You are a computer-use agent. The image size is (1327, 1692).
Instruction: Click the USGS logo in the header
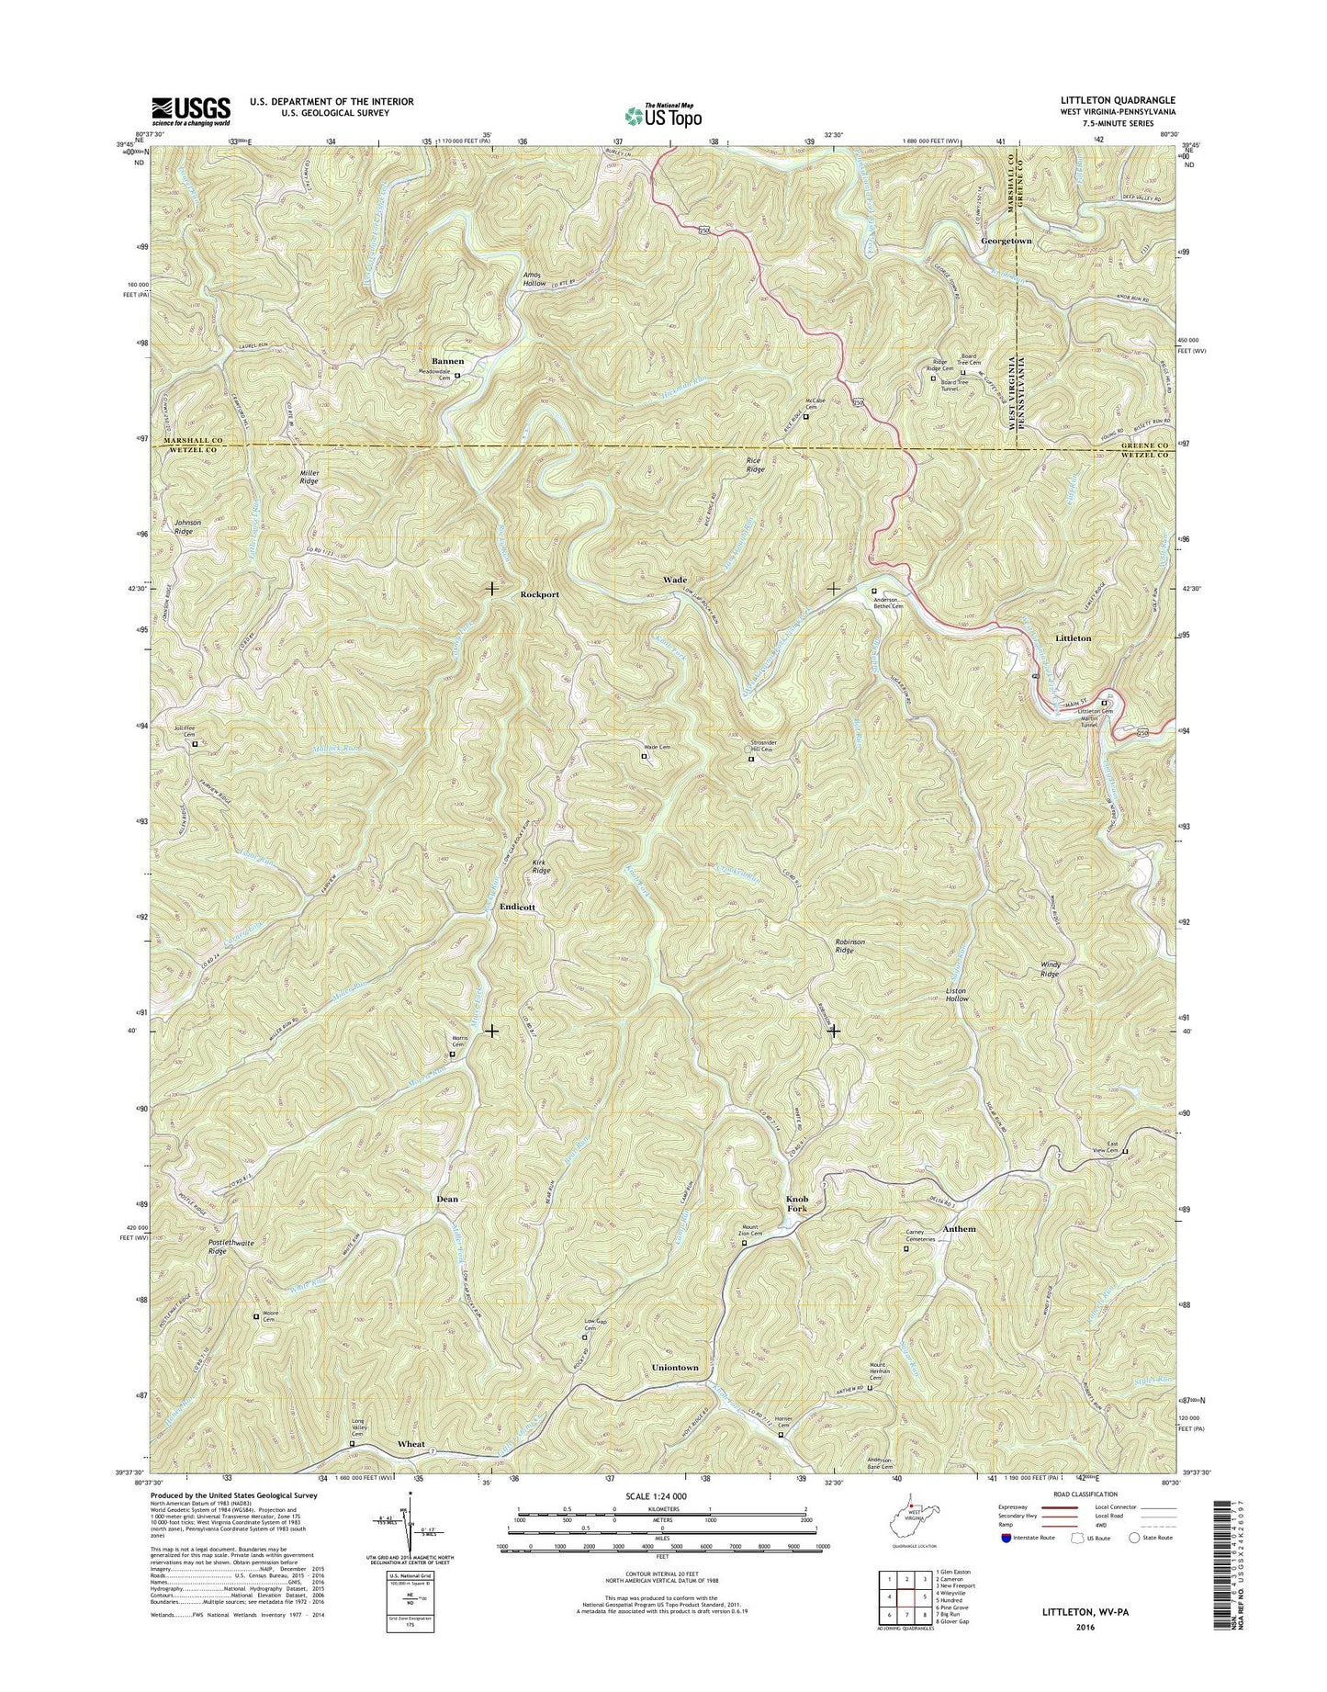pos(191,110)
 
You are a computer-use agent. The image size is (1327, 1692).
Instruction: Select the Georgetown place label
pos(1006,241)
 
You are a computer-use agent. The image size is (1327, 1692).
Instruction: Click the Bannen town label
pos(448,361)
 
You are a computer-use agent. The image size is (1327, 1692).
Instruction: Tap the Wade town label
pos(675,581)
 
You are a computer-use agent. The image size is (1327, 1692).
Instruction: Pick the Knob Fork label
pos(796,1205)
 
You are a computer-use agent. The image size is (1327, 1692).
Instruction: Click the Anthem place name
pos(960,1229)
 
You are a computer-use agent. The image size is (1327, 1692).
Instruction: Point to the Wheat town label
pos(410,1444)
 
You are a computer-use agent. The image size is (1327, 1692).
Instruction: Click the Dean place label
pos(447,1200)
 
